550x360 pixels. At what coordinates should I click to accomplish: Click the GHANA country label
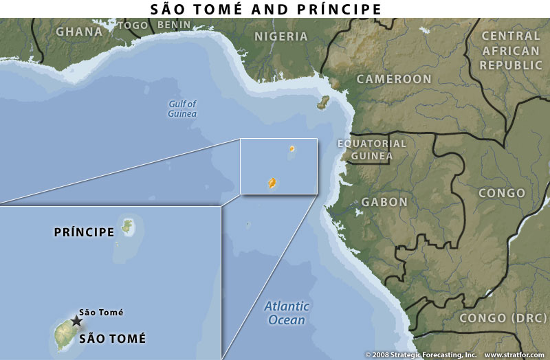click(x=79, y=31)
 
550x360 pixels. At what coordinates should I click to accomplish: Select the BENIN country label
click(x=169, y=25)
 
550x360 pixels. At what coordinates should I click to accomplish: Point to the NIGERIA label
click(x=281, y=36)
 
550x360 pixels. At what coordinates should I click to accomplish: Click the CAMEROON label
click(x=393, y=79)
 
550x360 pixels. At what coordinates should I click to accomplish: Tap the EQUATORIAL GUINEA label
click(x=372, y=150)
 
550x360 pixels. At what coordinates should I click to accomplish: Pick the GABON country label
click(x=384, y=203)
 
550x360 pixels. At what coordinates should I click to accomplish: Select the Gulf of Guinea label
click(x=183, y=109)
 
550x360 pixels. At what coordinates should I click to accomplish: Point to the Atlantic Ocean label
click(x=287, y=313)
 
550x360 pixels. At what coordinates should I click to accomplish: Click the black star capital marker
click(x=76, y=321)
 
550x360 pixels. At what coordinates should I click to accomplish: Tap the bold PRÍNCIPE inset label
click(x=84, y=232)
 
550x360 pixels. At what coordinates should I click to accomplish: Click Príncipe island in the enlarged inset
click(x=127, y=225)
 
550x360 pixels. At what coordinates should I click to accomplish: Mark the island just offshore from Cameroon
click(x=322, y=103)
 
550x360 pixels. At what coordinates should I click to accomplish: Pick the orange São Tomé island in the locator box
click(x=272, y=183)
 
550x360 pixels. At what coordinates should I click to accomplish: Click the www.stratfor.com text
click(x=515, y=355)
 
